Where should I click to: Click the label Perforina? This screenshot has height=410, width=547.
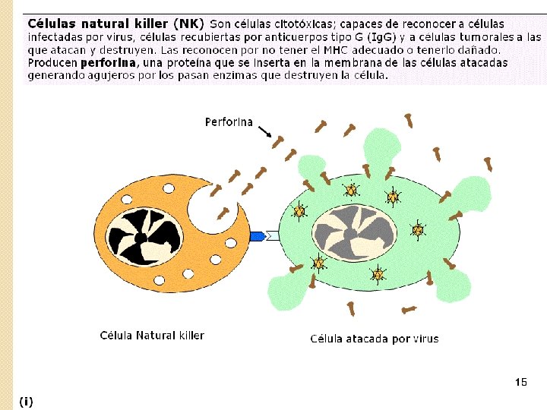click(x=229, y=121)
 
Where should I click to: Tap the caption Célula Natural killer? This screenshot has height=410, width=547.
click(x=152, y=335)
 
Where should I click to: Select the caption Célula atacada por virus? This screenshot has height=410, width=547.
click(x=375, y=339)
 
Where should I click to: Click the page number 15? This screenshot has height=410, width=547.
click(x=520, y=382)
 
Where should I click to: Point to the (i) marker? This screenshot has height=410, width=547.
click(x=27, y=400)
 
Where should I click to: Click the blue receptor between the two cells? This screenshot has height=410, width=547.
click(x=258, y=236)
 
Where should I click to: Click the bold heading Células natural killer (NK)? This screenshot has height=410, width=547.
click(x=116, y=24)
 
